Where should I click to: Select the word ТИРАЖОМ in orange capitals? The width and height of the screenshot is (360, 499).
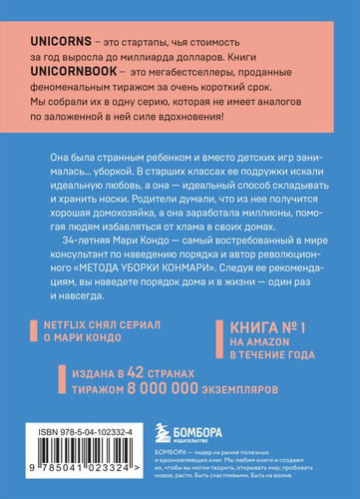point(97,381)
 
